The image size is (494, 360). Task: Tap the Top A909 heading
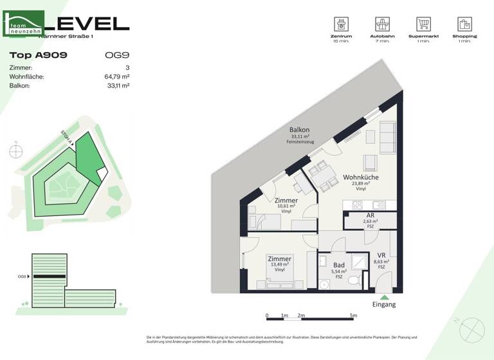pyautogui.click(x=38, y=55)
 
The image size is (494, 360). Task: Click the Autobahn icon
pyautogui.click(x=383, y=24)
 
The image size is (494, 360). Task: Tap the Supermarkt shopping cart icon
pyautogui.click(x=423, y=24)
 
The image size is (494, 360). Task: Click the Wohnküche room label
pyautogui.click(x=360, y=177)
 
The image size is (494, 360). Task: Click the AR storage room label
pyautogui.click(x=370, y=217)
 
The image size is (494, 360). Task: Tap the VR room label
pyautogui.click(x=381, y=255)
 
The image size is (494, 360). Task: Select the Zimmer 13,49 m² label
pyautogui.click(x=279, y=259)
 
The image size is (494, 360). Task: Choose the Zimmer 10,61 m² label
pyautogui.click(x=286, y=201)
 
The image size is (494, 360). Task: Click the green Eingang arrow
pyautogui.click(x=385, y=297)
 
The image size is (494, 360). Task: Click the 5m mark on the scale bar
pyautogui.click(x=353, y=316)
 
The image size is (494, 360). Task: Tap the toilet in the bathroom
pyautogui.click(x=353, y=280)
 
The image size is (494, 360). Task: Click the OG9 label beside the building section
pyautogui.click(x=23, y=277)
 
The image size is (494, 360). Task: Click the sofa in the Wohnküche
pyautogui.click(x=389, y=136)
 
